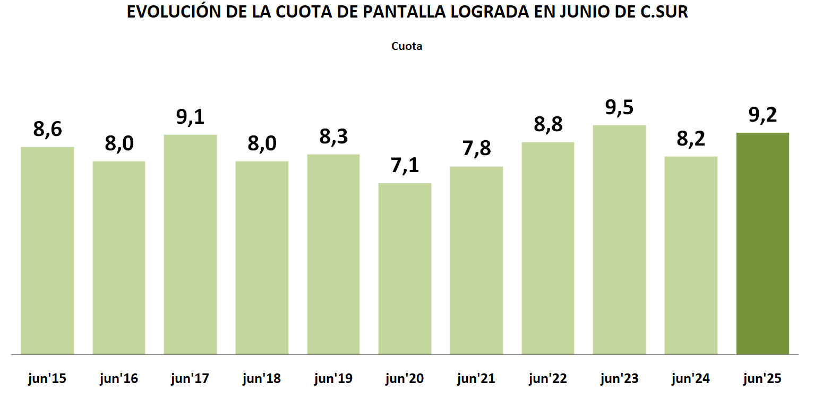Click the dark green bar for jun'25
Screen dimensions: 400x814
pyautogui.click(x=762, y=243)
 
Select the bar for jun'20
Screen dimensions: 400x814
pyautogui.click(x=405, y=268)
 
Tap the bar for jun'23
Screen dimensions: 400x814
pyautogui.click(x=619, y=240)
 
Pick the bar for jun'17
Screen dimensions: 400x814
pyautogui.click(x=190, y=244)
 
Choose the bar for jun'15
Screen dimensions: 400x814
pyautogui.click(x=47, y=250)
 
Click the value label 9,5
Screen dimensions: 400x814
pyautogui.click(x=619, y=107)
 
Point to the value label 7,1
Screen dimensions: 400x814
pyautogui.click(x=405, y=165)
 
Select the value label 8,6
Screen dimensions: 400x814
pyautogui.click(x=47, y=129)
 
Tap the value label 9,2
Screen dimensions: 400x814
pyautogui.click(x=762, y=115)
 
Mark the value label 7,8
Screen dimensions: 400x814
pyautogui.click(x=476, y=149)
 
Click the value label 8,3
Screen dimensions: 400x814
pyautogui.click(x=333, y=137)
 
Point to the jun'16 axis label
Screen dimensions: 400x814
pyautogui.click(x=118, y=379)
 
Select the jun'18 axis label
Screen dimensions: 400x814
pyautogui.click(x=262, y=379)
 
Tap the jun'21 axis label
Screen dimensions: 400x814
pyautogui.click(x=476, y=379)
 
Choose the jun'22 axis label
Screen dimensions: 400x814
pyautogui.click(x=548, y=379)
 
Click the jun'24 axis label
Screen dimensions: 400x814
pyautogui.click(x=691, y=379)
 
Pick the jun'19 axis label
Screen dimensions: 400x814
pyautogui.click(x=333, y=379)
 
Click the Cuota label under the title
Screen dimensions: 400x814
pyautogui.click(x=407, y=46)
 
